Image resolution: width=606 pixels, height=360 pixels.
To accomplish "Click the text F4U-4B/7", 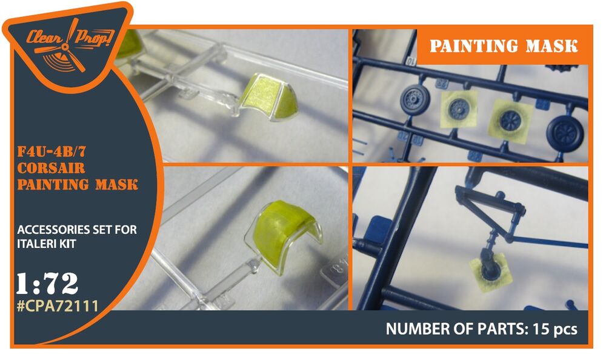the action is (x=52, y=152).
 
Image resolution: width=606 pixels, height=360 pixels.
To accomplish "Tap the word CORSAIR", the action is (x=51, y=168).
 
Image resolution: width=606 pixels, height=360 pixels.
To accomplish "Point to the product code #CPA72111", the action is (x=58, y=306).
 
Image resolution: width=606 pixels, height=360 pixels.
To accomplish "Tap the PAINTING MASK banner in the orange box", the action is (x=504, y=46).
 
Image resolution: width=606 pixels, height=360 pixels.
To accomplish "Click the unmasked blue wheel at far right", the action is (x=566, y=133).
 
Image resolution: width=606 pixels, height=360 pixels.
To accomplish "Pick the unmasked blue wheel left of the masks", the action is (x=415, y=100).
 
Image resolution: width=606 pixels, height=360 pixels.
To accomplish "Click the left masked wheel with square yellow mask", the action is (x=459, y=108).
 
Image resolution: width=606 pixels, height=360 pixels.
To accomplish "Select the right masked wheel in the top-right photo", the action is (x=510, y=120).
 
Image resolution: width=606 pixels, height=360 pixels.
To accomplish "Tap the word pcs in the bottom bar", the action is (x=565, y=330).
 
